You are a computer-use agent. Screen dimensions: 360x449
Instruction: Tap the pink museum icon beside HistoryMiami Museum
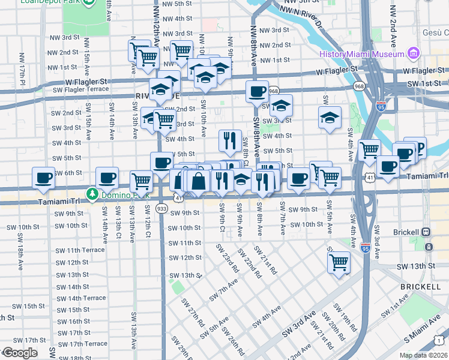413,55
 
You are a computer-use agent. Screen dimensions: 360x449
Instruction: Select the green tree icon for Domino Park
92,193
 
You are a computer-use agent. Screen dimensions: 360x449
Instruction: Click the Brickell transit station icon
426,232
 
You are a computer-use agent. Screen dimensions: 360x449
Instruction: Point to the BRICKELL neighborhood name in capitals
420,287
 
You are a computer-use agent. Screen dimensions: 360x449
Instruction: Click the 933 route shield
161,208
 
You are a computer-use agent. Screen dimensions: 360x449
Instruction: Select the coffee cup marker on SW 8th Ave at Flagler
257,92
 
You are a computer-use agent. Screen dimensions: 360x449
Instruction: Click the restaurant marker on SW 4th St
230,140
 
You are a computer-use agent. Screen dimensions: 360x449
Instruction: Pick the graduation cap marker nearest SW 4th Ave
330,118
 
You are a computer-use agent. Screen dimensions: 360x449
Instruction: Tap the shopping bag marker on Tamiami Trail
198,180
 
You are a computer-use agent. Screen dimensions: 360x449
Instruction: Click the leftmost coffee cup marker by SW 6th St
43,178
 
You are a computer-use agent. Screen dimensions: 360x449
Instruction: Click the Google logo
20,353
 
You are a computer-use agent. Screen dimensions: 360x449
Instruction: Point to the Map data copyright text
423,355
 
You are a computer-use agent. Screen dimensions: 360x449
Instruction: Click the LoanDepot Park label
42,2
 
